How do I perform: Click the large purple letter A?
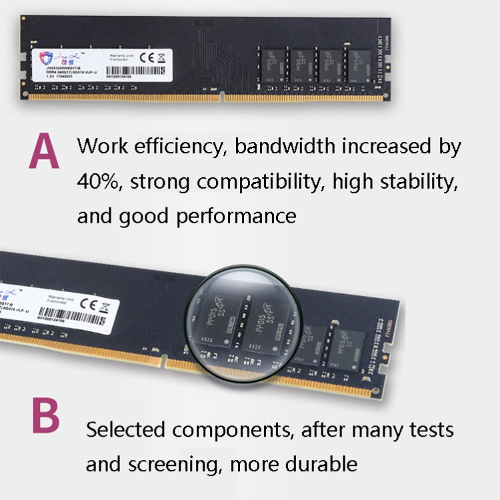coord(44,153)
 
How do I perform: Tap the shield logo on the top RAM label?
coord(45,59)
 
